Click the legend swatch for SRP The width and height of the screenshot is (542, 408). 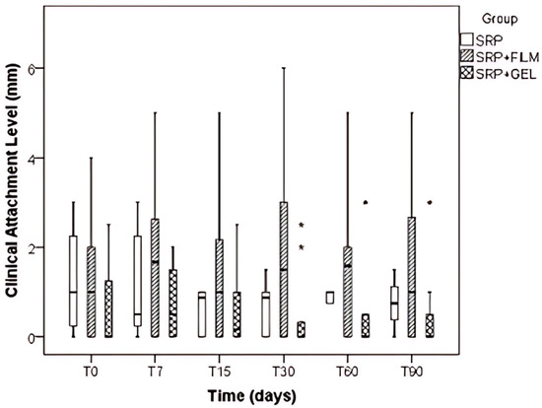[468, 38]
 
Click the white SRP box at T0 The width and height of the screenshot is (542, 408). [73, 281]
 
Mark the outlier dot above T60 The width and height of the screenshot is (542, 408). [367, 202]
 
